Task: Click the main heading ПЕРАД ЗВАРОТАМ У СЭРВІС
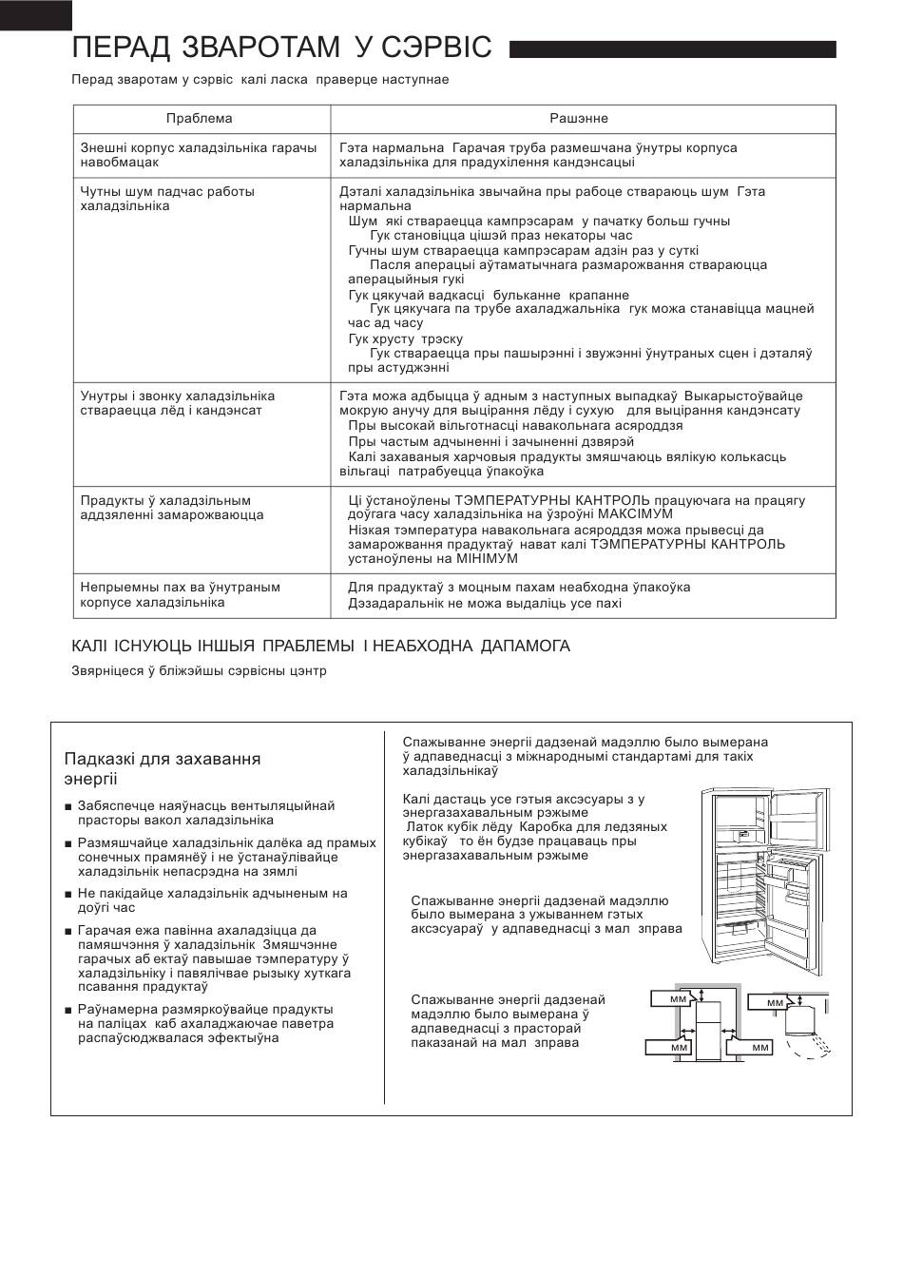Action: pos(281,48)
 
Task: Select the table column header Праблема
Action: pos(199,119)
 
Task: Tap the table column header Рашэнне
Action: pos(579,119)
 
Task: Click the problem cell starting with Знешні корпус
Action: pos(199,156)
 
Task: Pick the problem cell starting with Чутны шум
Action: pos(167,199)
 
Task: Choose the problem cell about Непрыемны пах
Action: pos(181,595)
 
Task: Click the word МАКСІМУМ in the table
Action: pos(637,514)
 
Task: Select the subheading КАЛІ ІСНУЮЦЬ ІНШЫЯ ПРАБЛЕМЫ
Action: pos(320,647)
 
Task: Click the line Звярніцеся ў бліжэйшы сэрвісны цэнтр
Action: pos(199,671)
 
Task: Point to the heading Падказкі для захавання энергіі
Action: pos(163,768)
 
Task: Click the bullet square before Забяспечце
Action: pos(68,807)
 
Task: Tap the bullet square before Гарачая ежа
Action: pos(68,932)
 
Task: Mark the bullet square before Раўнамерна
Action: pos(68,1010)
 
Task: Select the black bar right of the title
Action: pos(672,49)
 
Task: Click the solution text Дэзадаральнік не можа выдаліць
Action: pos(485,604)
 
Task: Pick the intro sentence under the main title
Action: pos(259,80)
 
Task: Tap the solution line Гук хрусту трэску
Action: pos(406,338)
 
